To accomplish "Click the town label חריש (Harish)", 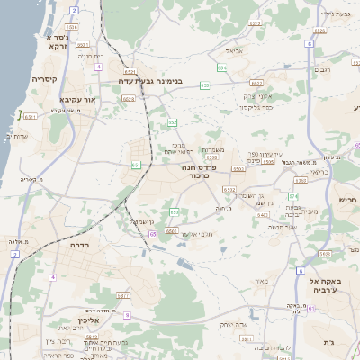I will [347, 199].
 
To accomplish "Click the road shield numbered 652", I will [172, 122].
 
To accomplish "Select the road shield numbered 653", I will [205, 85].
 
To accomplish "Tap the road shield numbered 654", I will [222, 67].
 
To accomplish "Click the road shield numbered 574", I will [292, 195].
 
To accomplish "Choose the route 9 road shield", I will [127, 315].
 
